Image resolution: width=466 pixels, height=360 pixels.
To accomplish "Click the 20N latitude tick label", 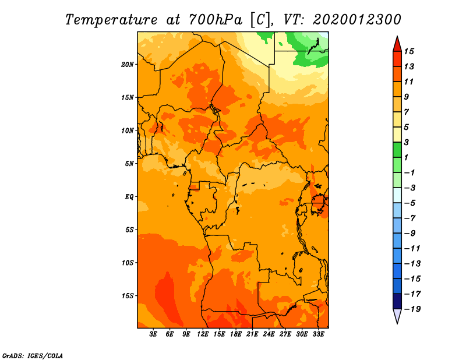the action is [128, 65].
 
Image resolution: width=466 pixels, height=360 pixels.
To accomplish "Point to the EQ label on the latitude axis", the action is [129, 197].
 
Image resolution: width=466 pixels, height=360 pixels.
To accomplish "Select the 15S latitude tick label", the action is [128, 296].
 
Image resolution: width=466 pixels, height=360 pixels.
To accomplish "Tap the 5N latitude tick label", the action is [129, 164].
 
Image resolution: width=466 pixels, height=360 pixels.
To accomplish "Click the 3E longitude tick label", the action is [153, 334].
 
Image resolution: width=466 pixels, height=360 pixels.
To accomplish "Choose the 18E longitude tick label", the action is [236, 334].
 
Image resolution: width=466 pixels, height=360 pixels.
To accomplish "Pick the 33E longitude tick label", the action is [318, 334].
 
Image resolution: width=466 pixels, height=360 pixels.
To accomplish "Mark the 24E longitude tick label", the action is [269, 334].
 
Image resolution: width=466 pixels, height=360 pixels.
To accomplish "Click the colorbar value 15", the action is [409, 51].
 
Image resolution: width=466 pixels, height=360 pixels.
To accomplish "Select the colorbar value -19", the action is [412, 309].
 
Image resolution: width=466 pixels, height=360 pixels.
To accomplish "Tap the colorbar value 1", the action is [406, 157].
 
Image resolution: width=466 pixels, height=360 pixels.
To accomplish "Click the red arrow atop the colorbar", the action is [397, 45].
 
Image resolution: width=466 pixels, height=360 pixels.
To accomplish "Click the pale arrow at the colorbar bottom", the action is [397, 315].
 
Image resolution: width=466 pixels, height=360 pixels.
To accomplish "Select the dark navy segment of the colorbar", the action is [397, 301].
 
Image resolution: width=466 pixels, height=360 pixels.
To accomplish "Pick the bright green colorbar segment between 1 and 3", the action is [397, 150].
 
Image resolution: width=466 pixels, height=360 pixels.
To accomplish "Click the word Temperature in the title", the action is [111, 20].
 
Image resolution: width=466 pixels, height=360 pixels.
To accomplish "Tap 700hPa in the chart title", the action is [216, 20].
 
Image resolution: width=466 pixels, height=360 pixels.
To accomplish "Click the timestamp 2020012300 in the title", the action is [357, 20].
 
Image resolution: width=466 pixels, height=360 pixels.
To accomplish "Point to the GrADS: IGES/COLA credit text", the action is [33, 356].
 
